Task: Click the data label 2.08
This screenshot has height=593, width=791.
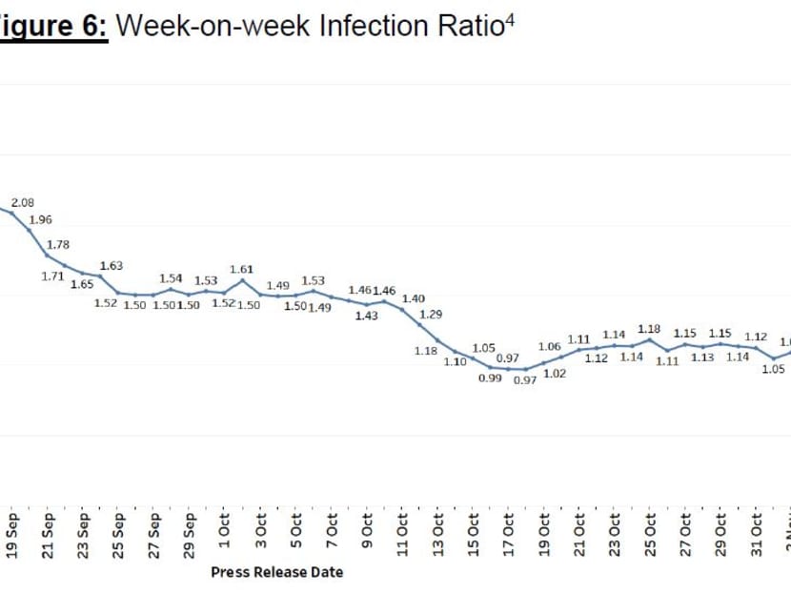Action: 23,203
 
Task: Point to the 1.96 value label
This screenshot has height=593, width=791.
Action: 41,219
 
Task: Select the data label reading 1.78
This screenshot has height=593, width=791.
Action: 58,244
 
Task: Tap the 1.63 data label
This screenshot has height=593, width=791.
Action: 112,265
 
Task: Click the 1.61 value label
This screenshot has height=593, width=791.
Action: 241,269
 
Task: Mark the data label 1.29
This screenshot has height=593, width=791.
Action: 432,314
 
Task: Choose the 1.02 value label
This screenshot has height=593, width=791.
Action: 555,374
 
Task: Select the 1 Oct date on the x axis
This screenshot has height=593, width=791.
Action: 224,540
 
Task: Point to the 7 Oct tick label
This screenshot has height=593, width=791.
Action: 331,540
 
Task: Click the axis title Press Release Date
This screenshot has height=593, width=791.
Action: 276,572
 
